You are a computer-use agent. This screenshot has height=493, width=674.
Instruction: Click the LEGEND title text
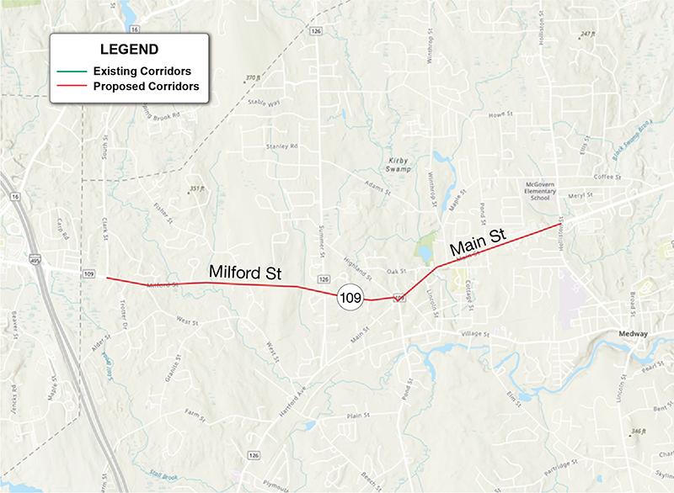click(x=129, y=50)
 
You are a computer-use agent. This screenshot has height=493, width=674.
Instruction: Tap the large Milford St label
click(x=244, y=273)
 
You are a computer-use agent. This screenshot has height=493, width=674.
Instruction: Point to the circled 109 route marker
click(x=350, y=297)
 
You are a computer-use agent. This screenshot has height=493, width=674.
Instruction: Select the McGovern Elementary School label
click(x=538, y=190)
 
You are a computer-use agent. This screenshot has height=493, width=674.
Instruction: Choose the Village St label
click(x=474, y=335)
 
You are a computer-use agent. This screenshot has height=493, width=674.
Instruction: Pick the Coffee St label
click(x=607, y=178)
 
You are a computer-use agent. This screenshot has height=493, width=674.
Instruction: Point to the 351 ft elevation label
click(x=197, y=188)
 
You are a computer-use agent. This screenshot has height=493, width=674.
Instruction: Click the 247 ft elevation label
click(x=587, y=34)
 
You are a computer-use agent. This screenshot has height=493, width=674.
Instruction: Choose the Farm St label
click(x=195, y=413)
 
